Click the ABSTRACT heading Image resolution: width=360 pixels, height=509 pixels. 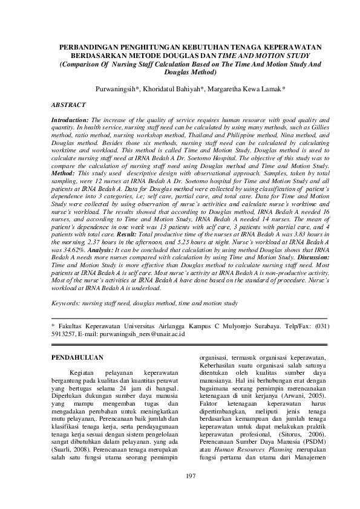(68, 105)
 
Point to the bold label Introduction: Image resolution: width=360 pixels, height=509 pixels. (70, 121)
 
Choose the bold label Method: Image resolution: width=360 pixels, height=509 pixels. (65, 172)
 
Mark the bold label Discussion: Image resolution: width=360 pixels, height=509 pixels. (310, 257)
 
